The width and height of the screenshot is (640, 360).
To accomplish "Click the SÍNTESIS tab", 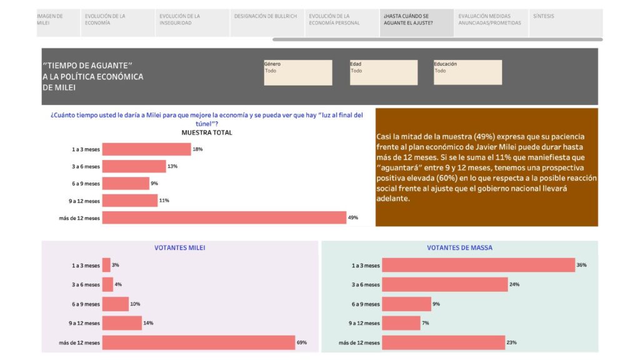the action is [x=565, y=23].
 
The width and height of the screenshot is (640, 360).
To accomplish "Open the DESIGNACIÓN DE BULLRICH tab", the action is [x=267, y=23].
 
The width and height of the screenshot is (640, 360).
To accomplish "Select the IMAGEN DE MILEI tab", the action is [x=58, y=23].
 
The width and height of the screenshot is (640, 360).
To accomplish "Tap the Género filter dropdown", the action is [x=298, y=72].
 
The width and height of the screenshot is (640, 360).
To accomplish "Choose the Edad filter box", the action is [x=384, y=72].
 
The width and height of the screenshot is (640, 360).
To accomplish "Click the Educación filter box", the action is [x=467, y=72].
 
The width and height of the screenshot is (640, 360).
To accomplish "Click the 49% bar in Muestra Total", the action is [x=224, y=217].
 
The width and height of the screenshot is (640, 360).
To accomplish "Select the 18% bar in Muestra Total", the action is [x=146, y=149].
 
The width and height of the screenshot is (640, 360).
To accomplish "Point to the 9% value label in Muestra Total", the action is [x=154, y=183].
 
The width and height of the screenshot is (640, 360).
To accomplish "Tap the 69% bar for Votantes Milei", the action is [x=199, y=342].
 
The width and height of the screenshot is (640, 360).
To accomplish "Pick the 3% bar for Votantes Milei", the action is [x=106, y=265].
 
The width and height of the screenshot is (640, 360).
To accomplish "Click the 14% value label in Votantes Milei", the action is [x=148, y=323].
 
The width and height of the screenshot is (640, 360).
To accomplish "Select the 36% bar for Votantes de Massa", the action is [x=478, y=265].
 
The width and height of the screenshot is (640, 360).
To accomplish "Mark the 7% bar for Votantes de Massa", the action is [x=401, y=323].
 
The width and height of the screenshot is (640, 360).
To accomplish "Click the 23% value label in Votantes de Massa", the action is [x=511, y=342].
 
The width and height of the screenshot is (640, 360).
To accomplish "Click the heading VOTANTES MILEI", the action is [x=179, y=247].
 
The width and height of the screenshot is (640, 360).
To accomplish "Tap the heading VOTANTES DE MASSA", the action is [x=459, y=247].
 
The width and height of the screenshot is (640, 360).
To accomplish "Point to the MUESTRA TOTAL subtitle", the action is [x=206, y=132].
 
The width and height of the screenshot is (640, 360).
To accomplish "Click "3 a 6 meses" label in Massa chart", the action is [x=366, y=284].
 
